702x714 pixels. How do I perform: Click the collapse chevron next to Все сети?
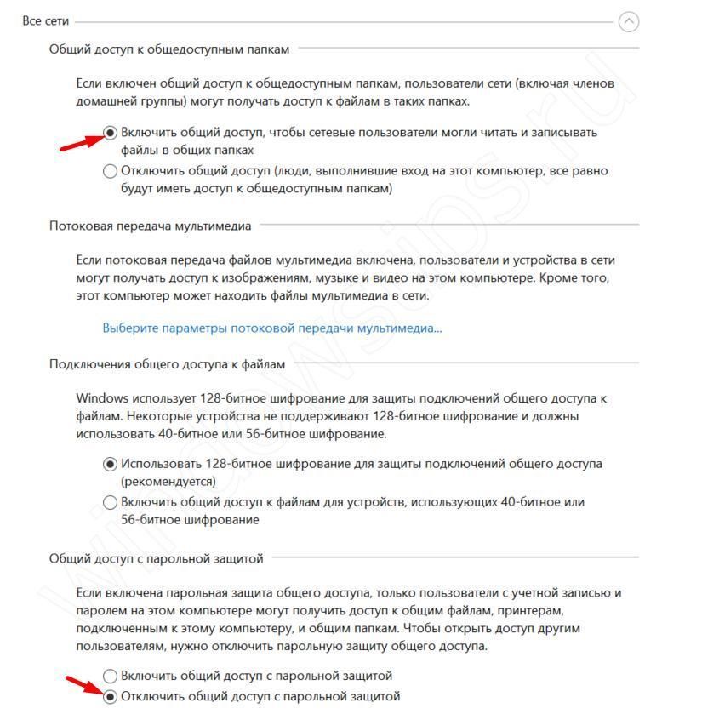point(629,21)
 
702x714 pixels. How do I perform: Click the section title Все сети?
point(46,20)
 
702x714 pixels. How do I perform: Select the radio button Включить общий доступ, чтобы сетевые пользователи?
point(110,133)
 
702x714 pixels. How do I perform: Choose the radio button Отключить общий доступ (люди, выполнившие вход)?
point(110,171)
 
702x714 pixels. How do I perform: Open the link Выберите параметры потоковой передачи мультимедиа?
point(272,328)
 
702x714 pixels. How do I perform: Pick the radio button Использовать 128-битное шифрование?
point(110,465)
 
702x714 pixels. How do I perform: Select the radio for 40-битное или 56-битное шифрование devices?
point(110,502)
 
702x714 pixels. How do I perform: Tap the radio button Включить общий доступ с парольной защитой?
point(110,676)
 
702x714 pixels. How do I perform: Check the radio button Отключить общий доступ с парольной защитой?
point(110,697)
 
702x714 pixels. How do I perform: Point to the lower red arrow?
point(85,686)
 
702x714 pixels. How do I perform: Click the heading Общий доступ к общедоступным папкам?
point(169,49)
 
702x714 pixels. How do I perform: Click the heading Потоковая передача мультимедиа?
point(151,226)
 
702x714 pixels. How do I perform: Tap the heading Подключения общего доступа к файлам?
point(168,364)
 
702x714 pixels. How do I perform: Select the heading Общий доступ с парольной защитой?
point(157,558)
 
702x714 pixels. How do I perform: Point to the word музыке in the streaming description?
point(389,278)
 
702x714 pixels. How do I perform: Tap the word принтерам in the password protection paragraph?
point(532,611)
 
